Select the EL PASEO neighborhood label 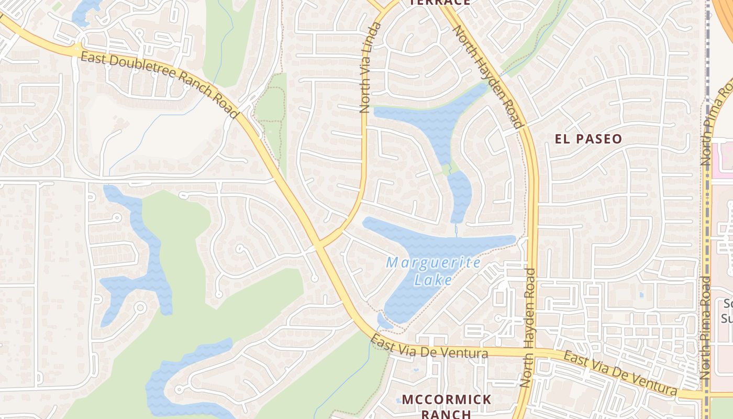[588, 139]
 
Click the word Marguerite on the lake [432, 262]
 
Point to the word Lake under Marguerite [432, 280]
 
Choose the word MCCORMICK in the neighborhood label [447, 400]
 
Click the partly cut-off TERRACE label [439, 3]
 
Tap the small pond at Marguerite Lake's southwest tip [384, 321]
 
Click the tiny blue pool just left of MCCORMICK [398, 400]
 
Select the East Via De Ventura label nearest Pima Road [621, 374]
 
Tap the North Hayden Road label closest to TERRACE [487, 76]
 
